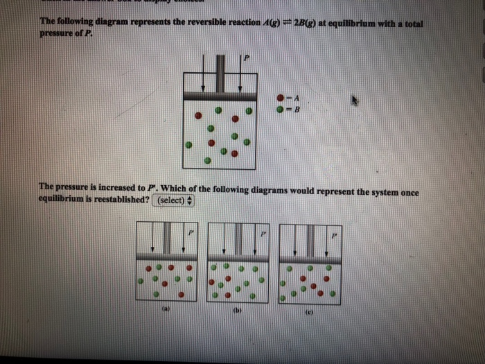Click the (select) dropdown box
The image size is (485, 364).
(175, 200)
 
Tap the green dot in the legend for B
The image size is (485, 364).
(280, 108)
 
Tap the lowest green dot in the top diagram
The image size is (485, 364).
(207, 159)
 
